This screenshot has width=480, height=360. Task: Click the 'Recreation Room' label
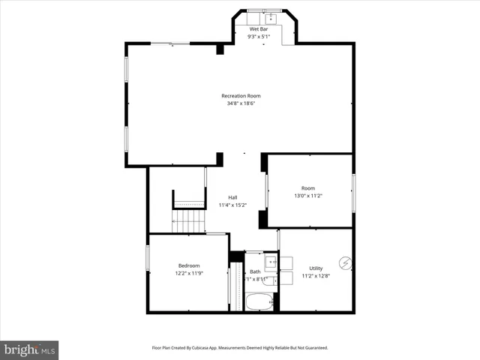point(241,95)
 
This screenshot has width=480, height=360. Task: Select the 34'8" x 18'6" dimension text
point(241,103)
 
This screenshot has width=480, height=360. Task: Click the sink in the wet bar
point(272,17)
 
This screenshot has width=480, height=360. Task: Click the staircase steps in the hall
point(190,221)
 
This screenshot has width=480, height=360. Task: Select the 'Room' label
point(308,188)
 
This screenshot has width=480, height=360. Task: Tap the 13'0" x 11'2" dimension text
point(308,196)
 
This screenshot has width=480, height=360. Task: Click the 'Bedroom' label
point(189,265)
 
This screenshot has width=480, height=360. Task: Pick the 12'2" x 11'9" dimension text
point(189,274)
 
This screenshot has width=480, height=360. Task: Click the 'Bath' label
point(255,271)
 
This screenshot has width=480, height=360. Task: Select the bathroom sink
point(268,262)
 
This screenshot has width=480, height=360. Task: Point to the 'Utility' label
point(316,268)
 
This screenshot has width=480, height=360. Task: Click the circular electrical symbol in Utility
point(345,262)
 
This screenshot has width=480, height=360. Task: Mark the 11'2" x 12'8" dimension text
point(316,276)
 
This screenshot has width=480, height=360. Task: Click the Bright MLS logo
point(29,349)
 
